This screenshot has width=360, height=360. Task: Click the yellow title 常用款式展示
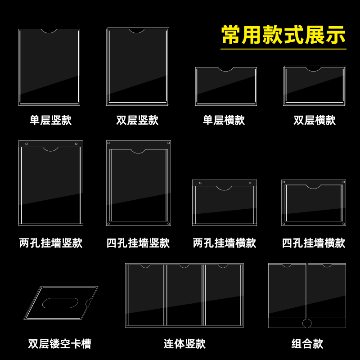[283, 35]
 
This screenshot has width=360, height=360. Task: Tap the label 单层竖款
[50, 121]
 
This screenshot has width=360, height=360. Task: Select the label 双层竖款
[137, 121]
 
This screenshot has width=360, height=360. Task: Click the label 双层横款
[315, 121]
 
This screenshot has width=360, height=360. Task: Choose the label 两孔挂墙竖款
[50, 243]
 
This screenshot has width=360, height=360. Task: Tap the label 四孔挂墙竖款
[138, 243]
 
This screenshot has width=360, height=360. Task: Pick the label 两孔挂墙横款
[224, 243]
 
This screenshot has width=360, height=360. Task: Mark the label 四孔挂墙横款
[313, 243]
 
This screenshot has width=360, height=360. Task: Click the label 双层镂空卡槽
[59, 344]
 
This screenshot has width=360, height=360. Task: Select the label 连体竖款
[184, 344]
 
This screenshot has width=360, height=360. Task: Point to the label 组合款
[307, 344]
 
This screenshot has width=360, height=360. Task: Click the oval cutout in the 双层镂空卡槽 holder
[60, 303]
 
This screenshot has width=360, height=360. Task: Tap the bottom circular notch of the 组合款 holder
[307, 323]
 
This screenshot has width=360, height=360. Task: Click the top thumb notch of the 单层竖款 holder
[49, 31]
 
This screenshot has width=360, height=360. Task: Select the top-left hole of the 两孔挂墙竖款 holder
[26, 144]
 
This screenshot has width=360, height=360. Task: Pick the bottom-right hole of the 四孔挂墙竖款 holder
[168, 224]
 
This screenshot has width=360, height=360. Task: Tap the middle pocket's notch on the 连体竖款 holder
[184, 266]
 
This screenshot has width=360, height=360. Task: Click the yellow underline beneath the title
[283, 49]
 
